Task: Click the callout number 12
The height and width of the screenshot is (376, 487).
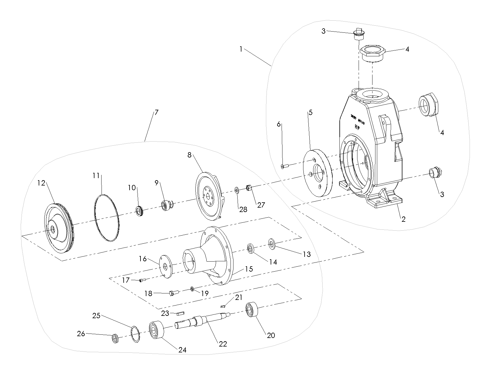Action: click(x=41, y=183)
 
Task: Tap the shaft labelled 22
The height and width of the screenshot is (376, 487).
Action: click(x=204, y=320)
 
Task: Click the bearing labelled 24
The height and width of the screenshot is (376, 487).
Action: click(x=156, y=330)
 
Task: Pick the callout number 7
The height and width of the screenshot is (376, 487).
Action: click(x=156, y=112)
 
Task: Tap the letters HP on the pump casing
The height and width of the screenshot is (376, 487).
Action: click(x=357, y=126)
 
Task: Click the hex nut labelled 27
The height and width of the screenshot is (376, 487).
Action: click(x=249, y=188)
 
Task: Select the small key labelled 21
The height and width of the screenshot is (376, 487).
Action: click(x=223, y=306)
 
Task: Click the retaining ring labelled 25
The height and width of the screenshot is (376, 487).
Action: click(x=135, y=334)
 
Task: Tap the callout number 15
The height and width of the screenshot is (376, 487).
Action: click(x=249, y=269)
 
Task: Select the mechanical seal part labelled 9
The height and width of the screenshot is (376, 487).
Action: click(x=166, y=204)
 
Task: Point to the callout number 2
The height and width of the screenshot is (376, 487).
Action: click(x=403, y=219)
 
